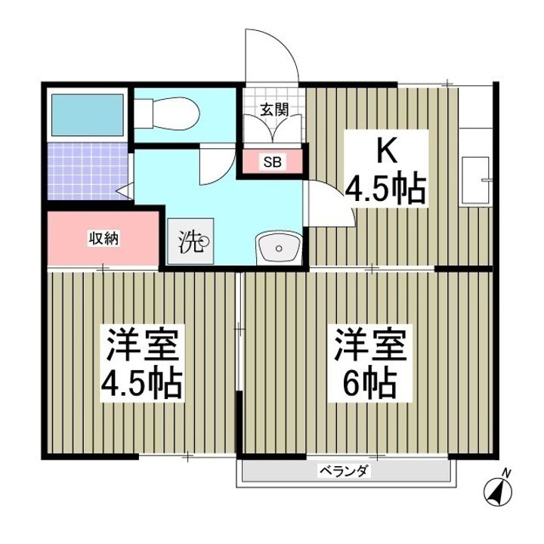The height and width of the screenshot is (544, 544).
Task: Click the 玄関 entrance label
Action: click(274, 109)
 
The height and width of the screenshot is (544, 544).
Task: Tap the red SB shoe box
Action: click(270, 162)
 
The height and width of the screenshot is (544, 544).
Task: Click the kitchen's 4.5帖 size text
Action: click(386, 188)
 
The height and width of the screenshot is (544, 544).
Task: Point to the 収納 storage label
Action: click(105, 238)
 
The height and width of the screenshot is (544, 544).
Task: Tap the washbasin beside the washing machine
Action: click(279, 246)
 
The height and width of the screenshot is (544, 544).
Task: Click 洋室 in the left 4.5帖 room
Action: click(142, 346)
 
